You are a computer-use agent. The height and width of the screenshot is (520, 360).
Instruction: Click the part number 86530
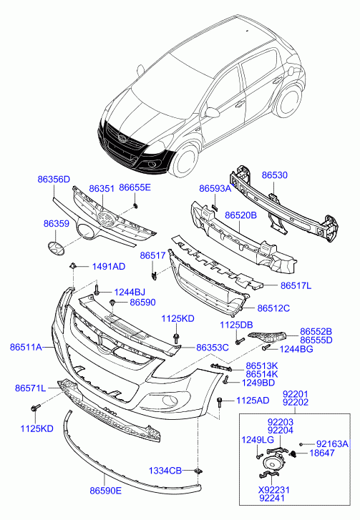pyautogui.click(x=275, y=175)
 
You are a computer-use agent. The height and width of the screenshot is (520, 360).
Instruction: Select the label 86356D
pyautogui.click(x=54, y=180)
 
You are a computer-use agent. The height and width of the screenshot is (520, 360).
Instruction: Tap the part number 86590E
pyautogui.click(x=106, y=491)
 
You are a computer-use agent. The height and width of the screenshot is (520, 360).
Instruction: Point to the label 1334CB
pyautogui.click(x=165, y=471)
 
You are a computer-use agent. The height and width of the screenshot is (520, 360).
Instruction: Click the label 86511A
pyautogui.click(x=26, y=347)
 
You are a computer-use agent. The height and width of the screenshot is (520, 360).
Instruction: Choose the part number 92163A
pyautogui.click(x=332, y=443)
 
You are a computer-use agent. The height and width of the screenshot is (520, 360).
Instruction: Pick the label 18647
pyautogui.click(x=322, y=453)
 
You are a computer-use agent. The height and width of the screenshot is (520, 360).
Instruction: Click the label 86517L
pyautogui.click(x=296, y=285)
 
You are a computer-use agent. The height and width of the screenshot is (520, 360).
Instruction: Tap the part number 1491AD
pyautogui.click(x=109, y=267)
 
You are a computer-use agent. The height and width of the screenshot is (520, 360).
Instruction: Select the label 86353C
pyautogui.click(x=213, y=348)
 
